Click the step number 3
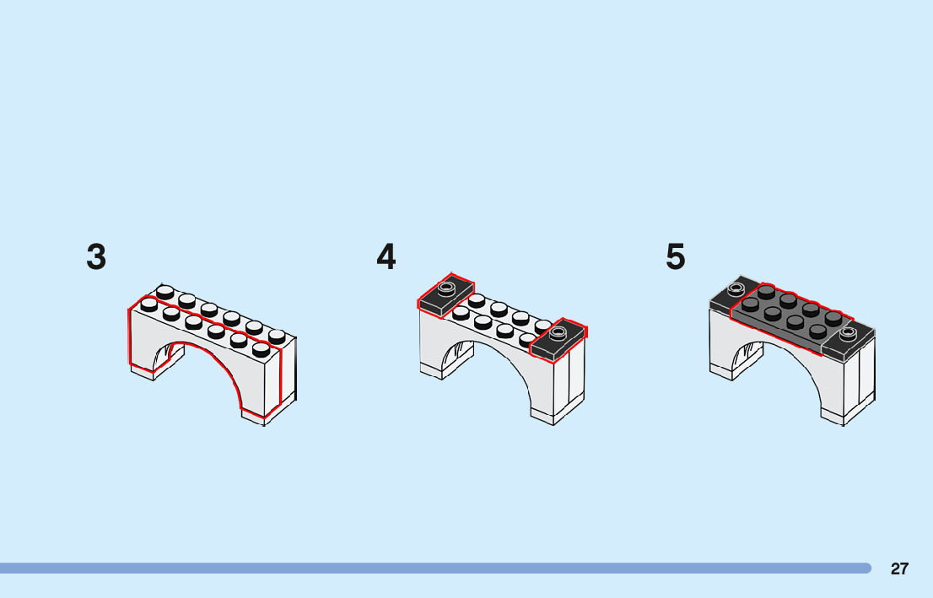pos(96,257)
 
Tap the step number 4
pos(386,257)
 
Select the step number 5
pos(676,257)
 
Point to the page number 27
pos(899,568)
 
